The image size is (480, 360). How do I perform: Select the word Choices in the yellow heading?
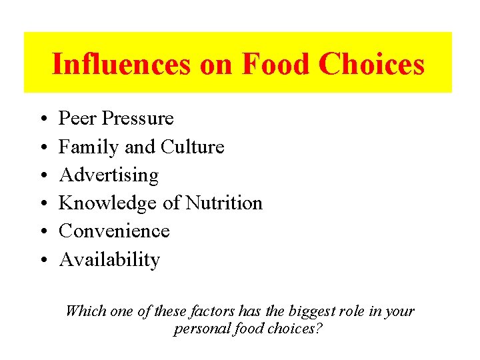(371, 64)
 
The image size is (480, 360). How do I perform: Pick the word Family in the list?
(81, 147)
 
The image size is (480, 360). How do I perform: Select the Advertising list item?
(109, 175)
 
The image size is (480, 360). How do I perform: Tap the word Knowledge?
(108, 203)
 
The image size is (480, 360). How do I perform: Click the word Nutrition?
(224, 203)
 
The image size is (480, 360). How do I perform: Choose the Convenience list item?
(114, 231)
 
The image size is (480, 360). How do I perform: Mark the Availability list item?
(109, 260)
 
